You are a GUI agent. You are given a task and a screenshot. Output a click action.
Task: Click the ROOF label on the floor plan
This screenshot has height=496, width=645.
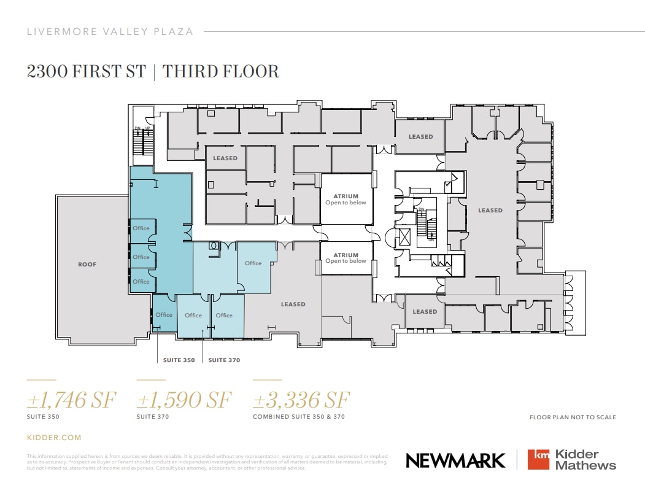click(87, 265)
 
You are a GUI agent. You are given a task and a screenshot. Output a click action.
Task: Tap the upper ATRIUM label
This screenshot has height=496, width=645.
click(346, 196)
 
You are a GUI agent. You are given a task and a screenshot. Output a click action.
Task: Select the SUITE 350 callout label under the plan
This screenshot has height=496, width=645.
click(179, 360)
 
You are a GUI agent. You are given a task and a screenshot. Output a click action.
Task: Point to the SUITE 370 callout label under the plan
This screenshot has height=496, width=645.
click(224, 360)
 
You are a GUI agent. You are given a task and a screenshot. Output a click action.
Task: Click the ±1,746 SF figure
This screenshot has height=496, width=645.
click(71, 401)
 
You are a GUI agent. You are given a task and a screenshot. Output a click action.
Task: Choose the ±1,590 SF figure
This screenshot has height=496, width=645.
click(184, 401)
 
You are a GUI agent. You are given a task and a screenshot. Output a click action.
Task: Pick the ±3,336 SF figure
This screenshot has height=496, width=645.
click(301, 401)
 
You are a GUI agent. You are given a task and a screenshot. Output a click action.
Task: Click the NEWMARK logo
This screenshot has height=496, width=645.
click(455, 460)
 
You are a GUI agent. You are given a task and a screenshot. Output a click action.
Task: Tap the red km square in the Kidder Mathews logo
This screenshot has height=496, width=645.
click(538, 460)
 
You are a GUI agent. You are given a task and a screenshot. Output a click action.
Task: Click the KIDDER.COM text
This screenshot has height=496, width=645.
click(54, 438)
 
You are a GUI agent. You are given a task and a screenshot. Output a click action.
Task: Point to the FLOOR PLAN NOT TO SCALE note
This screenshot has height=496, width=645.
click(573, 417)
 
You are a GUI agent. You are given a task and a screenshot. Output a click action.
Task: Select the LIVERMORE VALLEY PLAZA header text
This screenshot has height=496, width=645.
click(110, 31)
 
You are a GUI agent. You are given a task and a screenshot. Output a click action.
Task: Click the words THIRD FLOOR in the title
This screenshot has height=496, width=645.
click(222, 72)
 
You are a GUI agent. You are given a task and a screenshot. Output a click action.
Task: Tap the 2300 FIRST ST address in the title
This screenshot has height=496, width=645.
click(86, 72)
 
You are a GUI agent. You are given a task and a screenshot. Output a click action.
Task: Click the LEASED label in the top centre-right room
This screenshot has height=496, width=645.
click(421, 137)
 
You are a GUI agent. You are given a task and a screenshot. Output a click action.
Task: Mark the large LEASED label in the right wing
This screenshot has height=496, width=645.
click(490, 211)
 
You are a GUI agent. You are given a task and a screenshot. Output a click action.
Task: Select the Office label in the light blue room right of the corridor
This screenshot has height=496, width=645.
click(253, 263)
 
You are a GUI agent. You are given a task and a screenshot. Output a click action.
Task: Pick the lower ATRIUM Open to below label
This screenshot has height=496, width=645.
click(346, 258)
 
